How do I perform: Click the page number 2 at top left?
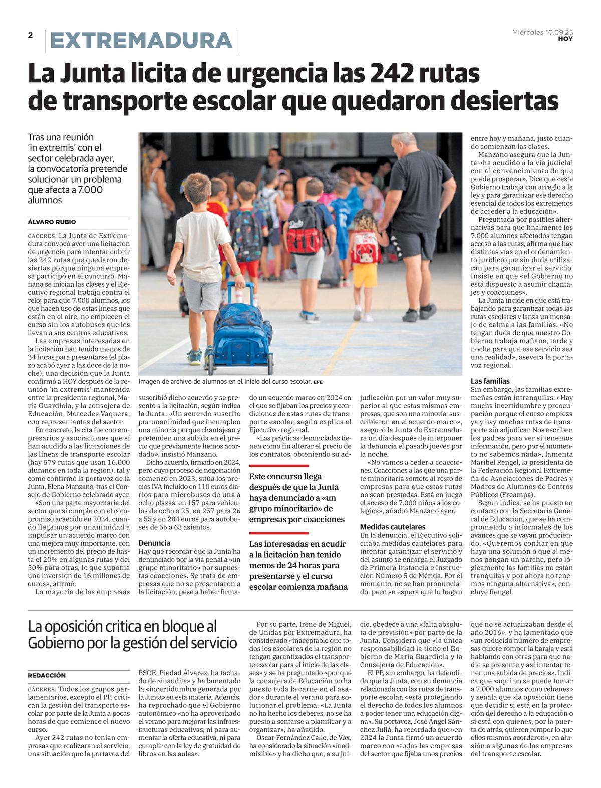tap(30, 35)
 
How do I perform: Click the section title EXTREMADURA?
tap(141, 41)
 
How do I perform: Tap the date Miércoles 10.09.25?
tap(542, 32)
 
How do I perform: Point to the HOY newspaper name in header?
tap(565, 39)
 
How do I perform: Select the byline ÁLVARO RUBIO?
tap(52, 222)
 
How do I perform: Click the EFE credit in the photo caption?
tap(318, 382)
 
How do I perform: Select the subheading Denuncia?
tap(154, 543)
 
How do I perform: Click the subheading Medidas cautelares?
tap(393, 527)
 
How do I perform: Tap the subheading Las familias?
tap(490, 381)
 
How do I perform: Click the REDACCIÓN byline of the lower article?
tap(47, 675)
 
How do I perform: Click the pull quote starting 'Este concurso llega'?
tap(297, 498)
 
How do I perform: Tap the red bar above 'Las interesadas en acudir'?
tap(279, 533)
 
